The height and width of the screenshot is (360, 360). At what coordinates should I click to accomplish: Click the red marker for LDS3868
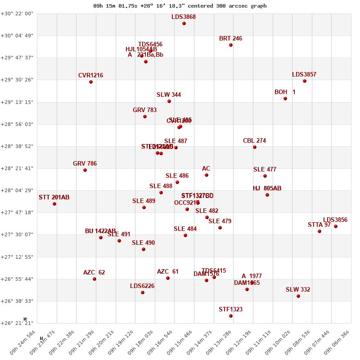tap(184, 23)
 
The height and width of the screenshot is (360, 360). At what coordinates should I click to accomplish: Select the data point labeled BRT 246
tap(231, 45)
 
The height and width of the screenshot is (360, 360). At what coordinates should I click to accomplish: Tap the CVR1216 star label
tap(90, 76)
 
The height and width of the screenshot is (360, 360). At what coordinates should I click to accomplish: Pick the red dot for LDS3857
tap(305, 81)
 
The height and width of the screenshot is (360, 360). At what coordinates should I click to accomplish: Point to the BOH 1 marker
tap(285, 99)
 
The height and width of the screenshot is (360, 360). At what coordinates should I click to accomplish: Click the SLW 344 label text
tap(169, 95)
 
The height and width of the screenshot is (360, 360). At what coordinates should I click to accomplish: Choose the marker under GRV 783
tap(145, 117)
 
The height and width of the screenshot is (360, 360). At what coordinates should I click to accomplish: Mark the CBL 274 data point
tap(255, 147)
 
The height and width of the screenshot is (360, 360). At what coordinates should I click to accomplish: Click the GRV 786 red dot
tap(85, 170)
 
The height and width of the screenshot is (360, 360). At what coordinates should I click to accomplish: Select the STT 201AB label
tap(54, 198)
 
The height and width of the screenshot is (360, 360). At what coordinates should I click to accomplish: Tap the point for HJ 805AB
tap(267, 195)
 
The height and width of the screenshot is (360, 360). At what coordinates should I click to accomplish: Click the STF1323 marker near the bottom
tap(231, 316)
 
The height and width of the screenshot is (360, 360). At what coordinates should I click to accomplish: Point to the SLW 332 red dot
tap(298, 296)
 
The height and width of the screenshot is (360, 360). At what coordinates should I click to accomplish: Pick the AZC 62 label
tap(94, 273)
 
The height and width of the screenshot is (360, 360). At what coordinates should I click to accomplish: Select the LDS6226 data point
tap(143, 292)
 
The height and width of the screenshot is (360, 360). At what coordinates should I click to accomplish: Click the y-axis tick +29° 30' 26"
tap(17, 80)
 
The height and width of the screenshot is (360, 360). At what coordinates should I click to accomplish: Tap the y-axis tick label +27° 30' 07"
tap(17, 235)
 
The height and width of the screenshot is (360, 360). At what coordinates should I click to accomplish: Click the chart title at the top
tap(180, 6)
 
